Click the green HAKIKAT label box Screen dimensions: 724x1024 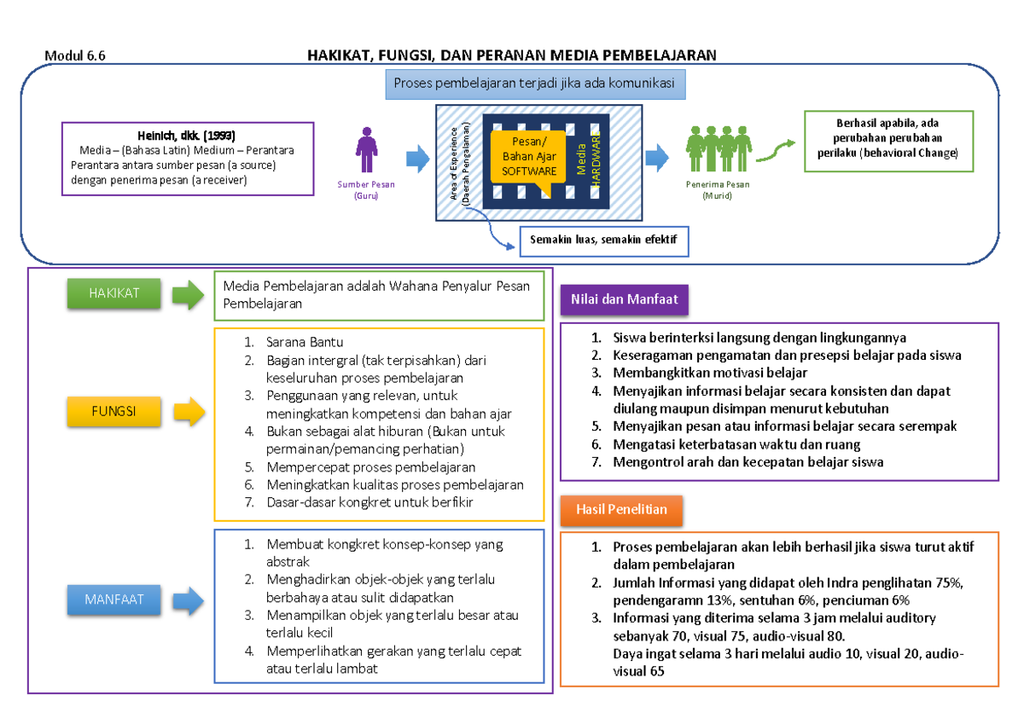click(114, 294)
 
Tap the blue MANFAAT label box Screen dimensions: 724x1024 click(114, 599)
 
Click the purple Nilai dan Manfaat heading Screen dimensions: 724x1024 click(619, 299)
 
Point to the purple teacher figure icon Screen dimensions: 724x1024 click(366, 151)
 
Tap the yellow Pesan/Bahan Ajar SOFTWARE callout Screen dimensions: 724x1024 click(528, 157)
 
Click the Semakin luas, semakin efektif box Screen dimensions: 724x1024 click(602, 240)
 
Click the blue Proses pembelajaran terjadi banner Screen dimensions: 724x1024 click(534, 84)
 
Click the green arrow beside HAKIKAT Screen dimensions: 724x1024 click(188, 295)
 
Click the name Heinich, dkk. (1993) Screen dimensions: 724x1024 click(186, 136)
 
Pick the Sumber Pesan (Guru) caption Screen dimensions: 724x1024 click(366, 190)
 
